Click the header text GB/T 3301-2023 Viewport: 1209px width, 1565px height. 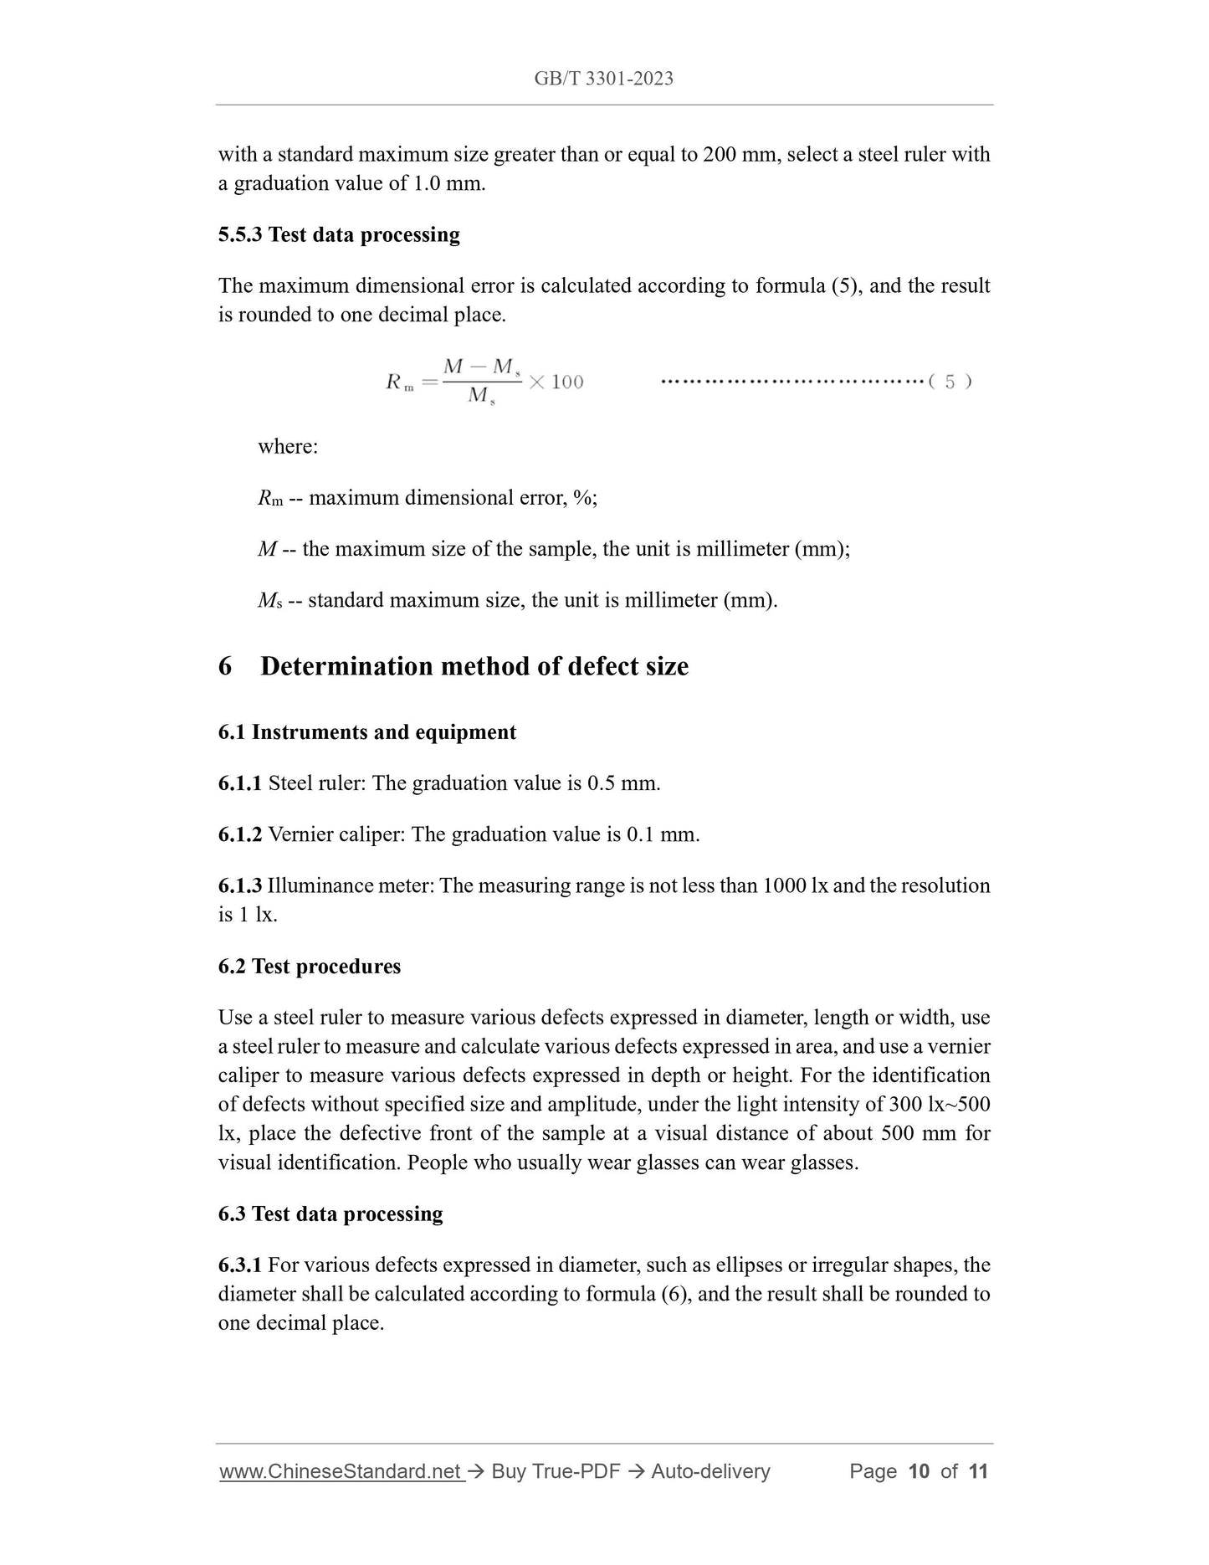(x=603, y=79)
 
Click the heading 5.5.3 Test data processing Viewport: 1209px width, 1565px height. (x=339, y=234)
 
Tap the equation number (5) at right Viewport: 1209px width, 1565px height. (x=950, y=382)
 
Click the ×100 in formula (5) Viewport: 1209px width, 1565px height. (x=556, y=382)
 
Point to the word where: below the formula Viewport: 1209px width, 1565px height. (x=288, y=447)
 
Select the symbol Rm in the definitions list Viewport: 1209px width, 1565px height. (x=269, y=499)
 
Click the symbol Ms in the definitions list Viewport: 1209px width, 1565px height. (x=269, y=601)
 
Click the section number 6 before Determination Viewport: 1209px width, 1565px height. (x=225, y=667)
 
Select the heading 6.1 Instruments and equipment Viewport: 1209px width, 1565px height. (x=367, y=732)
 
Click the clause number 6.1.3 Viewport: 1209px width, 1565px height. (x=240, y=885)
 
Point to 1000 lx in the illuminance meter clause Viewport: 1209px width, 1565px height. (x=795, y=885)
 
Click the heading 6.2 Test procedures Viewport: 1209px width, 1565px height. (x=310, y=967)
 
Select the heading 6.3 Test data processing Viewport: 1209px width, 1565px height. (x=330, y=1214)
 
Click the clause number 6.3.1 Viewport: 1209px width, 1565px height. (x=240, y=1265)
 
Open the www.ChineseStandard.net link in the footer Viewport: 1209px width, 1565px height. (x=341, y=1472)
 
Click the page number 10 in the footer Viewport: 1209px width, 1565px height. (x=919, y=1472)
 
